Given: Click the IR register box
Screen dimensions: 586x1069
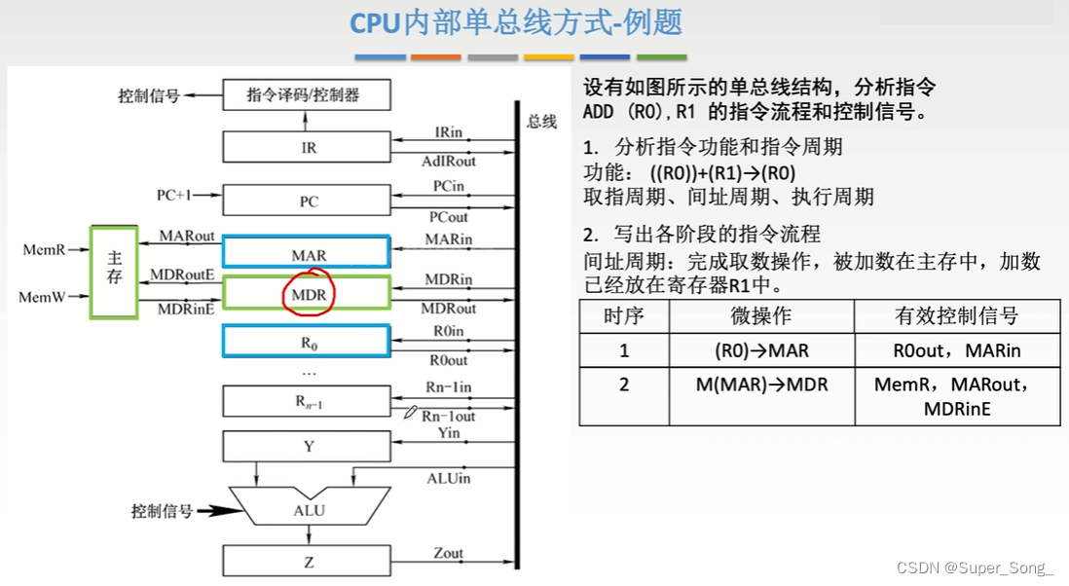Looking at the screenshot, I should pos(307,148).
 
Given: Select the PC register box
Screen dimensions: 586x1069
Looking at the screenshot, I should pos(307,201).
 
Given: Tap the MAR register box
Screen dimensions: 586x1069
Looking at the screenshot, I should pos(307,253).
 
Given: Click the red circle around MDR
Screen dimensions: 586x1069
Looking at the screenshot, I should pos(308,292).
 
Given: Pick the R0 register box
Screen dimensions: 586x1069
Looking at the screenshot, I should pos(307,342).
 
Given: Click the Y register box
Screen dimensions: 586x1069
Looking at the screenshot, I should pos(307,447).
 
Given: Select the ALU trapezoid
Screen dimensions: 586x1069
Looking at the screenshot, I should pos(308,509).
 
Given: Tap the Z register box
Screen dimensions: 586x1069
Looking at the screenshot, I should pos(307,561).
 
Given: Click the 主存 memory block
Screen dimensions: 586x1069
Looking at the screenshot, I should pos(114,271).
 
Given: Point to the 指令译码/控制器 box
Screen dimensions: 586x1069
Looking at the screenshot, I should pos(307,95).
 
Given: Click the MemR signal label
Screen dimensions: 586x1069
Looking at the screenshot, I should pos(45,250).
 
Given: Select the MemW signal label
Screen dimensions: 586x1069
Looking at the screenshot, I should pos(43,297).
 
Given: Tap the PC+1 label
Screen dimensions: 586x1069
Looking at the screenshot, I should pos(174,195).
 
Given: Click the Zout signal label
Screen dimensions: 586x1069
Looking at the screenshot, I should pos(449,553).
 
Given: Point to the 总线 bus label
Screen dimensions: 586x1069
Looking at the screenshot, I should pos(542,122).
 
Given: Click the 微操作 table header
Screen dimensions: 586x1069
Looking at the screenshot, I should pos(760,316).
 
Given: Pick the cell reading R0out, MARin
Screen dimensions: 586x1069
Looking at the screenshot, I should pos(956,350).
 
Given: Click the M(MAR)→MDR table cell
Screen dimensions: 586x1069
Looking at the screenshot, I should pos(760,385).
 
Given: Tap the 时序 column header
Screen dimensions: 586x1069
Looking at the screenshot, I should pos(624,316).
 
